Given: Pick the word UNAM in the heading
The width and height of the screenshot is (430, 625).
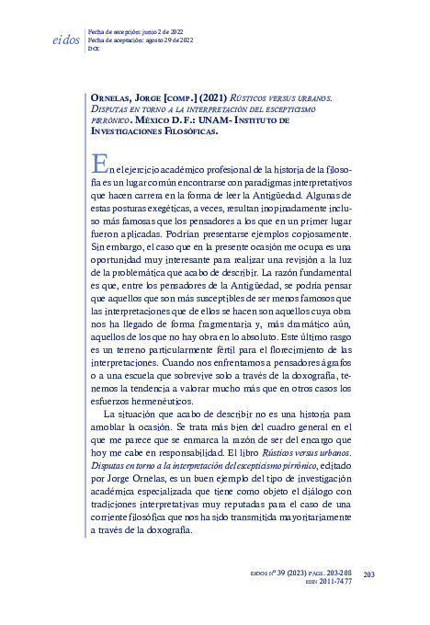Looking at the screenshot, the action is click(x=229, y=119).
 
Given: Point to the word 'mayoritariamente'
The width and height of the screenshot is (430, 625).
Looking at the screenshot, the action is click(x=309, y=517).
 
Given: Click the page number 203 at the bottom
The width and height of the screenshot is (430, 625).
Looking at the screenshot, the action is click(x=370, y=575).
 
